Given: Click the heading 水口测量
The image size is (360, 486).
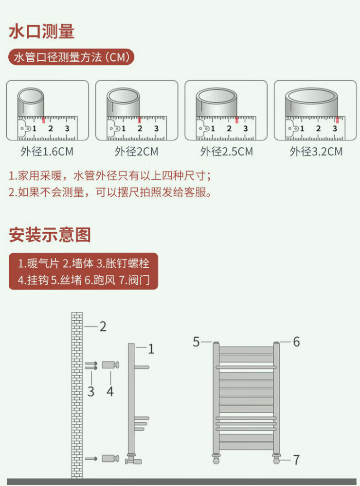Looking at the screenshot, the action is (x=42, y=32).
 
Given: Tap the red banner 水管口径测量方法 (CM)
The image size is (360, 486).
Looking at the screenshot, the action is (x=71, y=58).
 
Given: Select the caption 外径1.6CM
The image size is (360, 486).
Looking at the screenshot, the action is (x=47, y=151).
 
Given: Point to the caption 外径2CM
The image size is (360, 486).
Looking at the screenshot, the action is (x=136, y=151).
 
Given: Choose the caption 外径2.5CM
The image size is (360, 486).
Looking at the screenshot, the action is (x=226, y=151).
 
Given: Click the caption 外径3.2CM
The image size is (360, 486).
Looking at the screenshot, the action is (x=316, y=151).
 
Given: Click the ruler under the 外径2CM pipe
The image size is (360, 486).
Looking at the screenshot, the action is (x=137, y=128).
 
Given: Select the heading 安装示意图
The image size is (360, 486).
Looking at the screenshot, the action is (x=50, y=235).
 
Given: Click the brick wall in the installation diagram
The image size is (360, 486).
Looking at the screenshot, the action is (x=77, y=394).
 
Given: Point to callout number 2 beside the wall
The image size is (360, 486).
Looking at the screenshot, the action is (x=103, y=327).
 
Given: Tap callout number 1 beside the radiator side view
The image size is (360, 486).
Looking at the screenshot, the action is (x=151, y=348).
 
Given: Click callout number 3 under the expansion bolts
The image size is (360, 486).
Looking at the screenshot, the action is (x=91, y=391).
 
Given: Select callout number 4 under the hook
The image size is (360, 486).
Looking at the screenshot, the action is (x=110, y=391).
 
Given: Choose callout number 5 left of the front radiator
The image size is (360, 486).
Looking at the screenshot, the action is (x=196, y=342).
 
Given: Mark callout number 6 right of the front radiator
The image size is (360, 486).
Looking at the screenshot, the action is (x=296, y=342).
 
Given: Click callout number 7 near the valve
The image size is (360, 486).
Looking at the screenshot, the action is (x=296, y=460).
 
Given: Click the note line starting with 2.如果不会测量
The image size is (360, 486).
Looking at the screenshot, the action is (x=110, y=192).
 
